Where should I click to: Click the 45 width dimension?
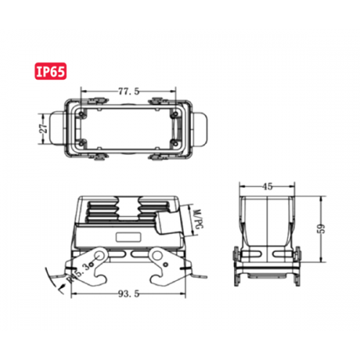266,186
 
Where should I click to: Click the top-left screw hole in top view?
86,113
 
